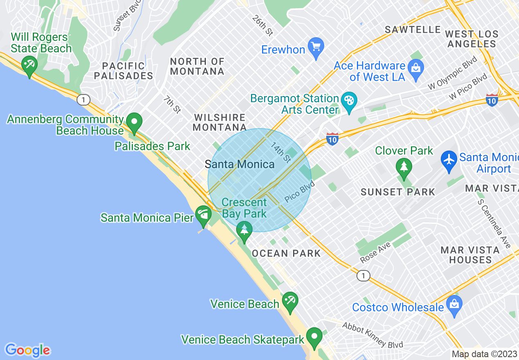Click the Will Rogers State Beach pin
tap(29, 65)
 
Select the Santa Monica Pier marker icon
tap(203, 214)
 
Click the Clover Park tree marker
tap(404, 167)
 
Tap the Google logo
tap(27, 350)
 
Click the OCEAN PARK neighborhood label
tap(286, 254)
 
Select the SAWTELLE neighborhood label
tap(413, 30)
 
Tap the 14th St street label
tap(281, 151)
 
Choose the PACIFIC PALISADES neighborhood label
tap(123, 71)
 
